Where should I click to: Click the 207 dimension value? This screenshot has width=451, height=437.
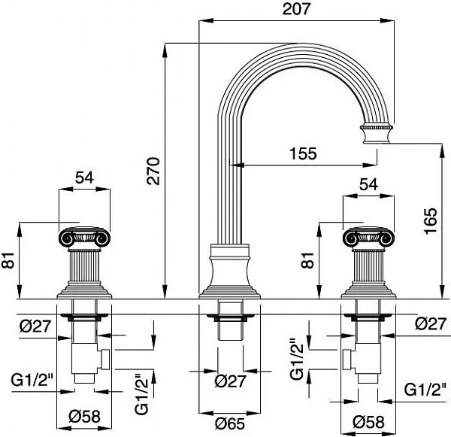(297, 9)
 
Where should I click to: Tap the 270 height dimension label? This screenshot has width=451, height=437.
(153, 171)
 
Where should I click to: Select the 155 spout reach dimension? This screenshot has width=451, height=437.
(303, 153)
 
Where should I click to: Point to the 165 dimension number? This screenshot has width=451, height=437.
(431, 221)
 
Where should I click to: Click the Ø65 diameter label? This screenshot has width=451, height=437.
(230, 423)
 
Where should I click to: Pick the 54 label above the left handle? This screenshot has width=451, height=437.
(84, 178)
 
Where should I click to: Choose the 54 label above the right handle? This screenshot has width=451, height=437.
(368, 184)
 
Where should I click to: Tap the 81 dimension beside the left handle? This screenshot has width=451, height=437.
(9, 260)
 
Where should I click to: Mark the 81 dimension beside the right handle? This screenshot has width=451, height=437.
(308, 260)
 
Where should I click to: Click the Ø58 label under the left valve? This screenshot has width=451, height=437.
(84, 416)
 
